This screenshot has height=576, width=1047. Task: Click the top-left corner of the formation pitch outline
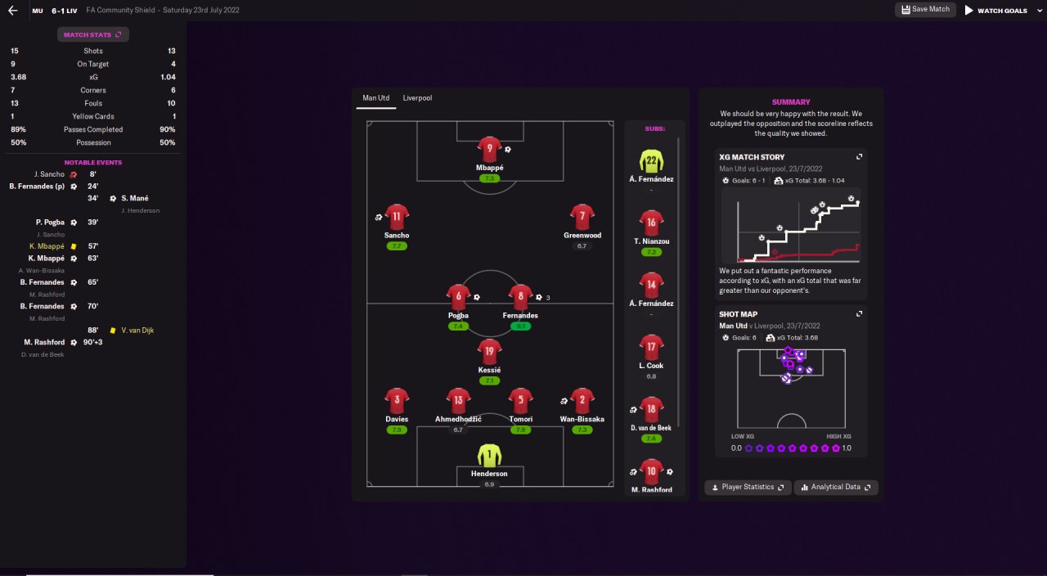coord(367,122)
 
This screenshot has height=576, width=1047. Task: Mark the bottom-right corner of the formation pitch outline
coord(613,487)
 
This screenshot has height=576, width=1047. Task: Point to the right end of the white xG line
coord(858,203)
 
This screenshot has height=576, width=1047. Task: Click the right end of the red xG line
coord(858,245)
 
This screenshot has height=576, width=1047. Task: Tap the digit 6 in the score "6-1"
coord(54,11)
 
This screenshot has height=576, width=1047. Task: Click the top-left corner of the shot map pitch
coord(738,349)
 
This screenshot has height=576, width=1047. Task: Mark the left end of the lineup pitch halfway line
coord(367,304)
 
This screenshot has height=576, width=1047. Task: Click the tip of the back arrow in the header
coord(8,11)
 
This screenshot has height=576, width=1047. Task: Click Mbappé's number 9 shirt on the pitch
coord(489,149)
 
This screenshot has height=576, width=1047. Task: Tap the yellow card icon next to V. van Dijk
coord(113,331)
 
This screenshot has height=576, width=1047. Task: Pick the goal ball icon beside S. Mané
coord(113,199)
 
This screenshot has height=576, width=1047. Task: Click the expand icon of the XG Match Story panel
coord(859,157)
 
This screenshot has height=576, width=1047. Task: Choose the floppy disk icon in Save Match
coord(905,9)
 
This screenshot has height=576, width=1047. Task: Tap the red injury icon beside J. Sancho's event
coord(74,174)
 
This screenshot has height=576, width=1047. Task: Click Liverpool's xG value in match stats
coord(168,77)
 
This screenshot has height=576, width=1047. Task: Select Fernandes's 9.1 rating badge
coord(520,326)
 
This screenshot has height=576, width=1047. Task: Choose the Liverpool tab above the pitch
coord(417,98)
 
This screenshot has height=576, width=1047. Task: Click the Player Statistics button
coord(748,487)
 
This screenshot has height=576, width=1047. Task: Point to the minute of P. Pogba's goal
coord(93,223)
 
